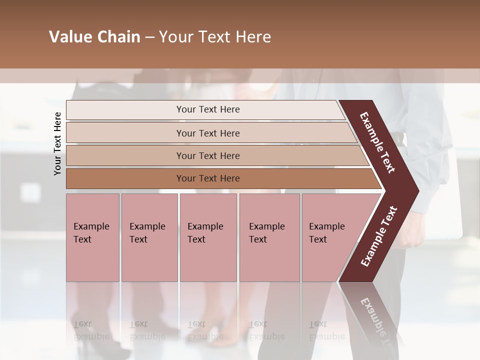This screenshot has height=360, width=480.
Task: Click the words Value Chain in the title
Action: [94, 37]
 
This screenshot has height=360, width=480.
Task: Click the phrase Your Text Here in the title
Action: [215, 37]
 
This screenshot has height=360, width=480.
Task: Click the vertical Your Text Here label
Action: [57, 143]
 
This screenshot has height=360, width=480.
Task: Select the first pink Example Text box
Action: [92, 237]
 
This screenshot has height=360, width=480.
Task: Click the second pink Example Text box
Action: [149, 237]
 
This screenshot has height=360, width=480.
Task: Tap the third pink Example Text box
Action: [208, 237]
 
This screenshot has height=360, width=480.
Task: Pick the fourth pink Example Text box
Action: [269, 237]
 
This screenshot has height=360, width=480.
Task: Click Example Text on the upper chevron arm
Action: [377, 142]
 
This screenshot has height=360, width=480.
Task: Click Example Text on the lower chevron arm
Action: [379, 236]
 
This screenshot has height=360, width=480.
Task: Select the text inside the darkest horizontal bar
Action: [208, 178]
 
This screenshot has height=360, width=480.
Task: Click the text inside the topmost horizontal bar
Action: [208, 109]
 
